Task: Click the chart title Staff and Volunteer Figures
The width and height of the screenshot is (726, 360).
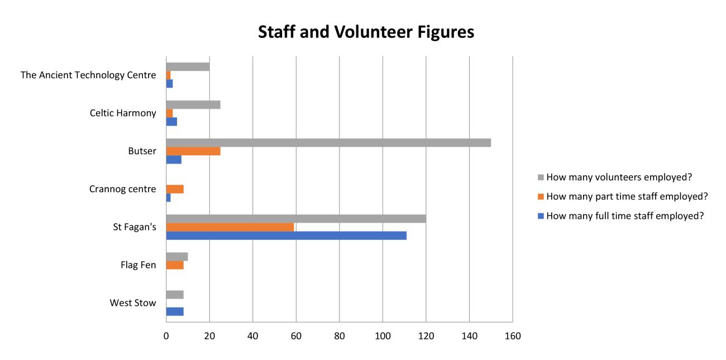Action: pyautogui.click(x=366, y=32)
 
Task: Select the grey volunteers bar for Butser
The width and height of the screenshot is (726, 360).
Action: pyautogui.click(x=328, y=142)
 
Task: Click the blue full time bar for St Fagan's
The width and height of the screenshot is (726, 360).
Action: pyautogui.click(x=286, y=236)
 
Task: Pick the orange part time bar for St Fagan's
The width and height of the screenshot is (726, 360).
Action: pyautogui.click(x=230, y=227)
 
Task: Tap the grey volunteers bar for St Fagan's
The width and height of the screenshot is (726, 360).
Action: pyautogui.click(x=296, y=219)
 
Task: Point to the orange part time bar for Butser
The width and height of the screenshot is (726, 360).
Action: pyautogui.click(x=193, y=151)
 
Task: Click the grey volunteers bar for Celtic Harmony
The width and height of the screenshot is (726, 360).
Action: pyautogui.click(x=193, y=105)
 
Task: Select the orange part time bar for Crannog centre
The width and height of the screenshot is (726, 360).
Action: pyautogui.click(x=175, y=189)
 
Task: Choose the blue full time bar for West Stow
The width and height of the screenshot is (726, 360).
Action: pyautogui.click(x=175, y=311)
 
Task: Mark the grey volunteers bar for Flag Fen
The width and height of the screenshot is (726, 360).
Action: pyautogui.click(x=177, y=257)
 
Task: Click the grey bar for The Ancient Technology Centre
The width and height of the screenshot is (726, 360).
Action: pyautogui.click(x=188, y=67)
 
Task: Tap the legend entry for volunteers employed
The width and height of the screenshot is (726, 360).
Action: pyautogui.click(x=619, y=177)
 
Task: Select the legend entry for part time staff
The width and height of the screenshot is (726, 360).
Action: pyautogui.click(x=627, y=196)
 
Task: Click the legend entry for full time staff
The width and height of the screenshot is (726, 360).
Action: pyautogui.click(x=624, y=216)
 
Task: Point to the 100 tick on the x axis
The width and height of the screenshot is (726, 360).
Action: pyautogui.click(x=383, y=336)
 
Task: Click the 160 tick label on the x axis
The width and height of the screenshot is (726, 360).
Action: pyautogui.click(x=512, y=336)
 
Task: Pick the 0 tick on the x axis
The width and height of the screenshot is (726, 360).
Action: pyautogui.click(x=166, y=336)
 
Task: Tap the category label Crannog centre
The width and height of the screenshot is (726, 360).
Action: pyautogui.click(x=122, y=189)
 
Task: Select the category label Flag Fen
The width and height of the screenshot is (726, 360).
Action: pyautogui.click(x=138, y=265)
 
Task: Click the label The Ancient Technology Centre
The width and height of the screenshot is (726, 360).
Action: pyautogui.click(x=88, y=75)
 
